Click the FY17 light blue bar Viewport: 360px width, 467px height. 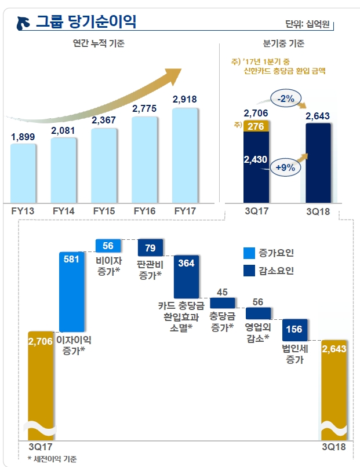[x=185, y=154]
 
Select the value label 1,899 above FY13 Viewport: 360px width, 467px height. [x=23, y=137]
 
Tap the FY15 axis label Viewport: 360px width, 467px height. [x=105, y=211]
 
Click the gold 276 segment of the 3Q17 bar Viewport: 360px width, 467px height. [x=256, y=126]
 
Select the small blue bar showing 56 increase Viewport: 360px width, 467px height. [x=108, y=245]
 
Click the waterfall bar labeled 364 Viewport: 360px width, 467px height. [x=187, y=276]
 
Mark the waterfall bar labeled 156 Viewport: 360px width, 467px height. [x=295, y=329]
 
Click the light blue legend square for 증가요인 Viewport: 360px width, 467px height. [x=249, y=253]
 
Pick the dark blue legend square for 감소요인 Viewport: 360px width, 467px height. [x=249, y=271]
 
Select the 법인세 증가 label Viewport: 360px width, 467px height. [x=294, y=354]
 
